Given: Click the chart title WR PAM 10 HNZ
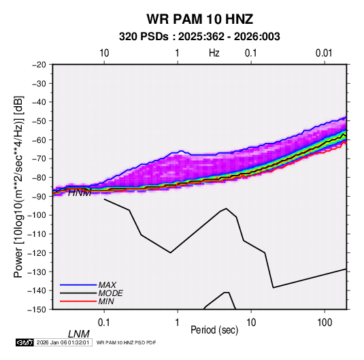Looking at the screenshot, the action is [199, 19].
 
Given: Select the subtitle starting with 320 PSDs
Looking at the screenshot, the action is [199, 37].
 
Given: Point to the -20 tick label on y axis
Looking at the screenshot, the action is [39, 65].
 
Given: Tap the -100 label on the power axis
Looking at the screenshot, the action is [37, 215].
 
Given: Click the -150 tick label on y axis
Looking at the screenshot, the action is [37, 310].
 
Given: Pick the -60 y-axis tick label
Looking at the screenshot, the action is [39, 140].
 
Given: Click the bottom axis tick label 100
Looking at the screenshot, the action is [325, 323].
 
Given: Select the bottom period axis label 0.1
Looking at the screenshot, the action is [104, 323].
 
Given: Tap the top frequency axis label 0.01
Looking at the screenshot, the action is [324, 53].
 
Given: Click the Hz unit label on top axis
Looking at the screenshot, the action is [214, 53].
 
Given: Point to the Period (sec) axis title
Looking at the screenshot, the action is [214, 330].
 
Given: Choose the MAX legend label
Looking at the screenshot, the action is [107, 284].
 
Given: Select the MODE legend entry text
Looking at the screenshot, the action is [110, 293].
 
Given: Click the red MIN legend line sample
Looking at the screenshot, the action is [78, 301].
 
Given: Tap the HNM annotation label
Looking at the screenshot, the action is [80, 193].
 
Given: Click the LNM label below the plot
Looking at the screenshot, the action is [78, 334].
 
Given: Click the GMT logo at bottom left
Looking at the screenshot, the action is [25, 342].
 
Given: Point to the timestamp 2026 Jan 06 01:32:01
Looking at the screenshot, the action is [63, 342].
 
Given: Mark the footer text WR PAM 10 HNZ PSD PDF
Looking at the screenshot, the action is [126, 342].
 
